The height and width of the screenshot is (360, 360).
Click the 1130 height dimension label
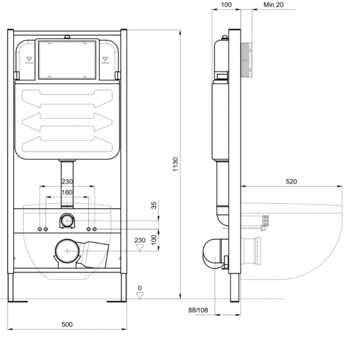tap(175, 164)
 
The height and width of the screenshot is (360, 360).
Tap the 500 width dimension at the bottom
tap(67, 325)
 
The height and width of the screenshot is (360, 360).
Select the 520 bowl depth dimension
tap(291, 182)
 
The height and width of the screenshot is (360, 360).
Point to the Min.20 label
tap(274, 5)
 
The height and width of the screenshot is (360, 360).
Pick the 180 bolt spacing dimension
tap(67, 192)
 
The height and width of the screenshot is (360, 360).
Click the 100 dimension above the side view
tap(226, 5)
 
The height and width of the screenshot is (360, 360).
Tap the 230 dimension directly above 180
tap(67, 182)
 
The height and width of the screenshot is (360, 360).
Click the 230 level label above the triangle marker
tap(139, 240)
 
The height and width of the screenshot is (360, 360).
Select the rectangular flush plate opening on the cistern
tap(67, 60)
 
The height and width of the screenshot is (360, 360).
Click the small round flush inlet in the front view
tap(67, 221)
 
